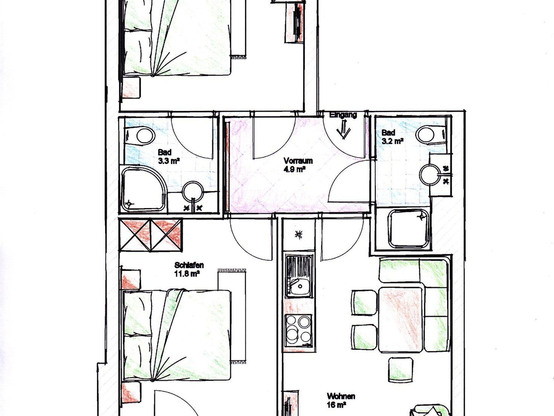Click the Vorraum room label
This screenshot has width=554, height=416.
[x=298, y=161]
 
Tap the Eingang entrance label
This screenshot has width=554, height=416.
[x=343, y=115]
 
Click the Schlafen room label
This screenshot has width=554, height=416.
[x=189, y=265]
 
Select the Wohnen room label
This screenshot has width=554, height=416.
[x=341, y=396]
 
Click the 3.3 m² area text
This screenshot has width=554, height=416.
[x=169, y=161]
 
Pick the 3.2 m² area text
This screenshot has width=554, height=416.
[x=393, y=141]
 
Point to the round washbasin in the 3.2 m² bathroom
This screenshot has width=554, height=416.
[x=430, y=174]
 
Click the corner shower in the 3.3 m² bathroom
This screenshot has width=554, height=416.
[x=143, y=189]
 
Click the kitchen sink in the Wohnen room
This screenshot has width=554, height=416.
[x=299, y=276]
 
